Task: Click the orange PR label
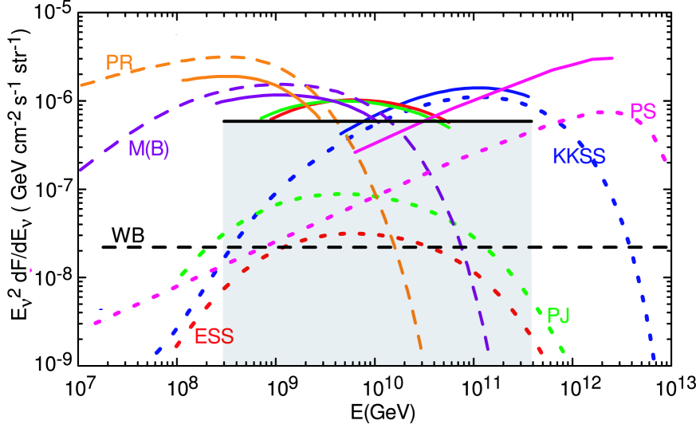coord(119,62)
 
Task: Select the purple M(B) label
coord(149,149)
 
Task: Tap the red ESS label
coord(214,336)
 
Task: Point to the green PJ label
coord(558,316)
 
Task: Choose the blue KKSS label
coord(579,156)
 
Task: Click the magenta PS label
coord(643,112)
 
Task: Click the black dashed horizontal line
coord(319,247)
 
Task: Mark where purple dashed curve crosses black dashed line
coord(462,247)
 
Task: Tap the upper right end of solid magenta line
coord(611,58)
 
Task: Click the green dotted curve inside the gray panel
coord(335,194)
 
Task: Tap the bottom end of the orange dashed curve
coord(420,348)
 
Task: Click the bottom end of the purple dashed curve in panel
coord(487,350)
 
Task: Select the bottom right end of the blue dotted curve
coord(653,359)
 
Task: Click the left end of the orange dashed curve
coord(81,84)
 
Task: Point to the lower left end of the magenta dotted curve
coord(96,323)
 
